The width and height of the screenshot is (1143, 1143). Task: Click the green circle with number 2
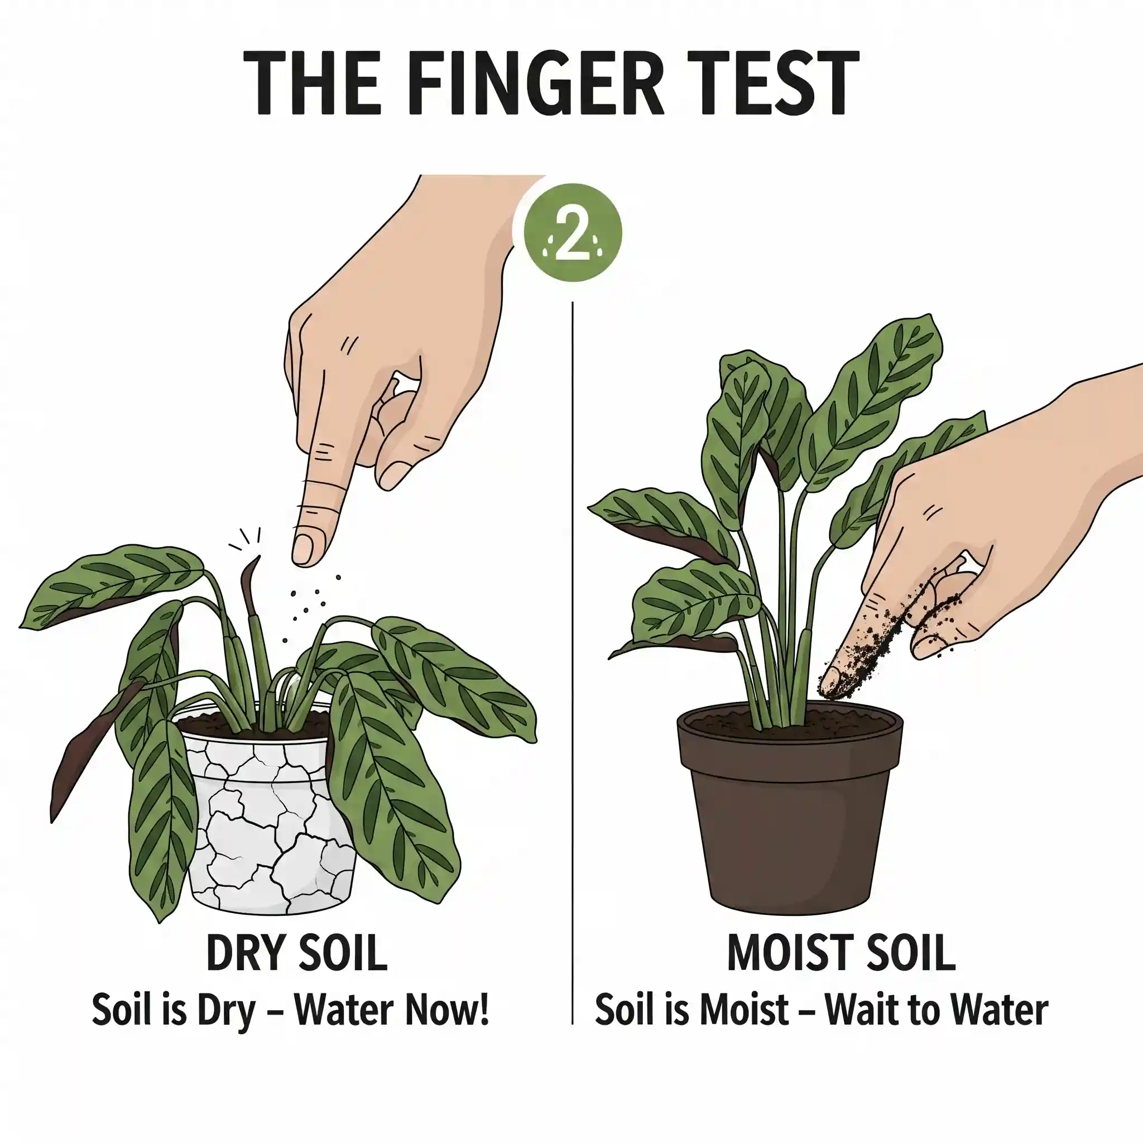pyautogui.click(x=573, y=232)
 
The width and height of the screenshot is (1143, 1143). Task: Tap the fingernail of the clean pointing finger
pyautogui.click(x=304, y=549)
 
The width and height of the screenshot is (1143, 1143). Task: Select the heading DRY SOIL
pyautogui.click(x=296, y=953)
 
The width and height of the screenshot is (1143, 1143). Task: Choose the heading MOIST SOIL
pyautogui.click(x=841, y=953)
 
